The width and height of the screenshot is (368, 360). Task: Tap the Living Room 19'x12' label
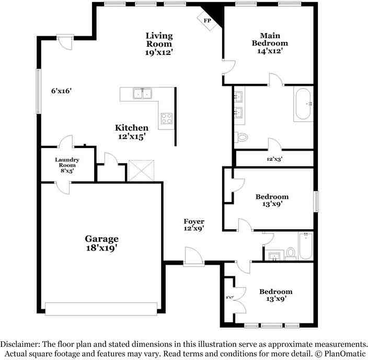tap(159, 43)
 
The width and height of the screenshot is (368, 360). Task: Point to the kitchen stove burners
tap(167, 118)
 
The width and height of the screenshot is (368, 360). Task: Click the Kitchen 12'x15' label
tap(132, 132)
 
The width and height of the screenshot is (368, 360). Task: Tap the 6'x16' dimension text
tap(61, 91)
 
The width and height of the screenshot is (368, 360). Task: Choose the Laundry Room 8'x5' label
tap(67, 165)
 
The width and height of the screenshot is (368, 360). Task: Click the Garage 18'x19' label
tap(102, 243)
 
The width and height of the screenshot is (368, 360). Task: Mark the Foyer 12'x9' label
tap(193, 225)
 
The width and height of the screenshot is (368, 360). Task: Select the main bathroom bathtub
tap(303, 104)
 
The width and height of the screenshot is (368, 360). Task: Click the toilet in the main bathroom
tap(241, 137)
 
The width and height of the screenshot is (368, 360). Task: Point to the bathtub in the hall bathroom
tap(306, 246)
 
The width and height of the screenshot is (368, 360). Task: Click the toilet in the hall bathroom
tap(291, 253)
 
